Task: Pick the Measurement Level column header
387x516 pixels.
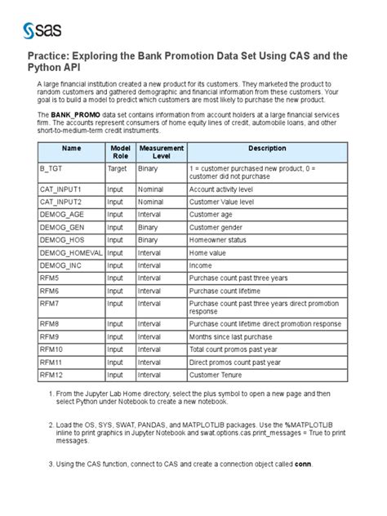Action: [161, 153]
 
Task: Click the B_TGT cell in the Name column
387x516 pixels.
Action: [51, 168]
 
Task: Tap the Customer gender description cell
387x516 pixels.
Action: [216, 227]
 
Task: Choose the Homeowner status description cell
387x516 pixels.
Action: [218, 240]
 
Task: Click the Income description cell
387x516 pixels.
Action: [201, 266]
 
